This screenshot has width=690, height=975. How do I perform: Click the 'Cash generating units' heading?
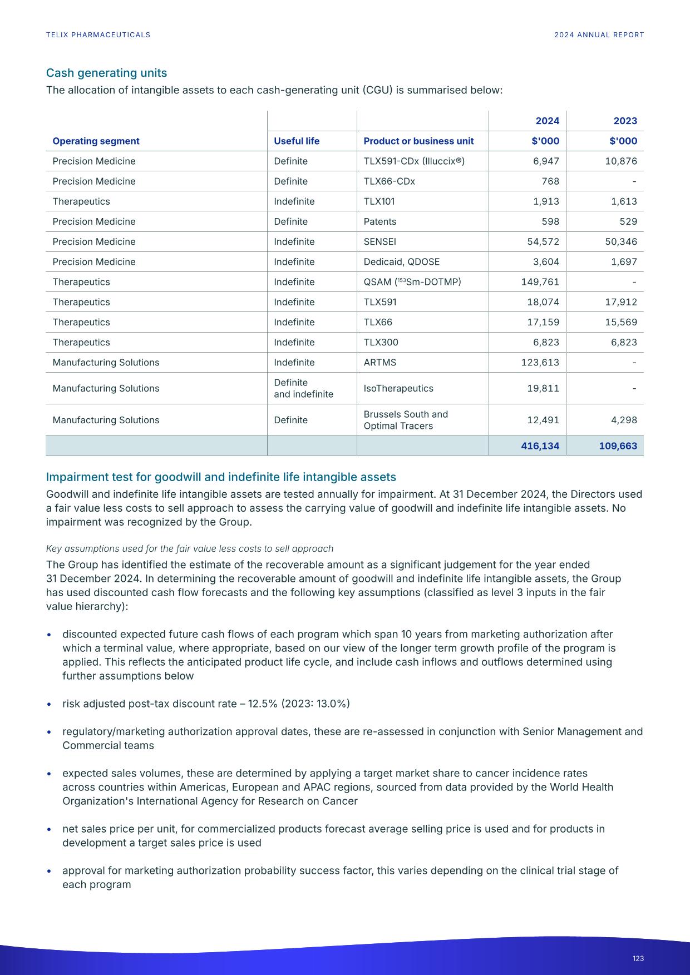click(106, 73)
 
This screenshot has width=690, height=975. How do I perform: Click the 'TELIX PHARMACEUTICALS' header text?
click(98, 34)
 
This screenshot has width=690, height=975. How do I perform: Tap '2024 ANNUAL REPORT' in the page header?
click(599, 34)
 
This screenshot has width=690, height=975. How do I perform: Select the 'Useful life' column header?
click(297, 141)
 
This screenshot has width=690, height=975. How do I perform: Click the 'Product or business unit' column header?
click(418, 141)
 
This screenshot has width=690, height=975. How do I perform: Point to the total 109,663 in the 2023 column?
click(618, 446)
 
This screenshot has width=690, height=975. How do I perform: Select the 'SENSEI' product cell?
click(379, 242)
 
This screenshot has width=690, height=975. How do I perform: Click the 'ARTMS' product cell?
click(379, 363)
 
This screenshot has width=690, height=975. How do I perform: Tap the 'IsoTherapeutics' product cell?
click(398, 388)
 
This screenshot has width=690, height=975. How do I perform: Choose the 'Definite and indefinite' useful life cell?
click(303, 388)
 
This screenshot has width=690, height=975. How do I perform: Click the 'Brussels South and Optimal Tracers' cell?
click(405, 420)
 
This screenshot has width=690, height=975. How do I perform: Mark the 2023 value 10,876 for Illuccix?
click(621, 161)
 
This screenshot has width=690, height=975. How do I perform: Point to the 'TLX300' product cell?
click(381, 343)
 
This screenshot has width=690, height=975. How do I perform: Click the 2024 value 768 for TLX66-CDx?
click(550, 181)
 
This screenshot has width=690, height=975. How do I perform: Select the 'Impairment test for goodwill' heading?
click(221, 477)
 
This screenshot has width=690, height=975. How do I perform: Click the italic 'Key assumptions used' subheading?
click(189, 548)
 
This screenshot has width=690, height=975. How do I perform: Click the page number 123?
click(638, 958)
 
